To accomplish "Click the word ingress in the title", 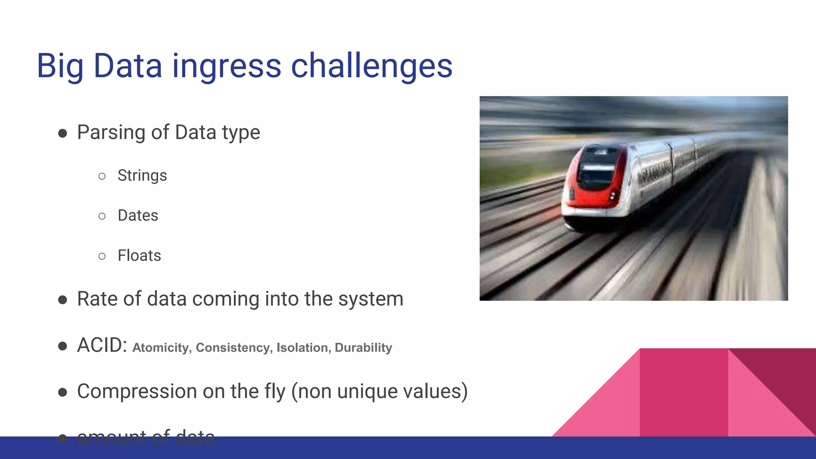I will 226,66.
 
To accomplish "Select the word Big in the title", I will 60,66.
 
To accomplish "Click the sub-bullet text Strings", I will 142,176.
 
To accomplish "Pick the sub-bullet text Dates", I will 138,216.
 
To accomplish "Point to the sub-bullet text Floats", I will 139,255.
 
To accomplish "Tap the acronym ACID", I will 102,345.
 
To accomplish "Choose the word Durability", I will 363,347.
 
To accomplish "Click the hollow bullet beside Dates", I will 102,216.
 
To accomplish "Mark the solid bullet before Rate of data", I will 63,300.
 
